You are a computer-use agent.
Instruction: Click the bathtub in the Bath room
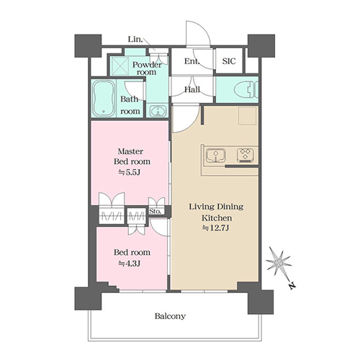tap(104, 98)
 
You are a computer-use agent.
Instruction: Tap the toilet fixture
tap(247, 89)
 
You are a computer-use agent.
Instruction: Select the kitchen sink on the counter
tap(216, 156)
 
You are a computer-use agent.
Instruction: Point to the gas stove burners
tap(246, 155)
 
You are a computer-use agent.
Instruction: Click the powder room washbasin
tap(158, 111)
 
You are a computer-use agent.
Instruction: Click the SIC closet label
tap(229, 61)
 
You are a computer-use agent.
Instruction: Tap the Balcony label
tap(170, 316)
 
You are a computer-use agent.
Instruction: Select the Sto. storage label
tap(155, 212)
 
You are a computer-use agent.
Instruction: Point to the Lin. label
tap(135, 39)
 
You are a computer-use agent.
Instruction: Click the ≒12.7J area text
tap(216, 228)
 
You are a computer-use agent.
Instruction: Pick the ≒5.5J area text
tap(130, 172)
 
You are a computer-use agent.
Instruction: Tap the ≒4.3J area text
tap(129, 264)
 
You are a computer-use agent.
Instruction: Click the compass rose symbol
tap(279, 262)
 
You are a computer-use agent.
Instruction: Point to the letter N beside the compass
tap(292, 286)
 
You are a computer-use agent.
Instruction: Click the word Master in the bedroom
tap(130, 151)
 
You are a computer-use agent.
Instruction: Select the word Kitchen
tap(217, 218)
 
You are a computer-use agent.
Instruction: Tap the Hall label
tap(192, 90)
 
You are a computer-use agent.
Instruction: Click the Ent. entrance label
tap(192, 61)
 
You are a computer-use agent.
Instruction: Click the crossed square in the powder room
tap(119, 66)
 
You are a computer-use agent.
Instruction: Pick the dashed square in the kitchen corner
tap(248, 116)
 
